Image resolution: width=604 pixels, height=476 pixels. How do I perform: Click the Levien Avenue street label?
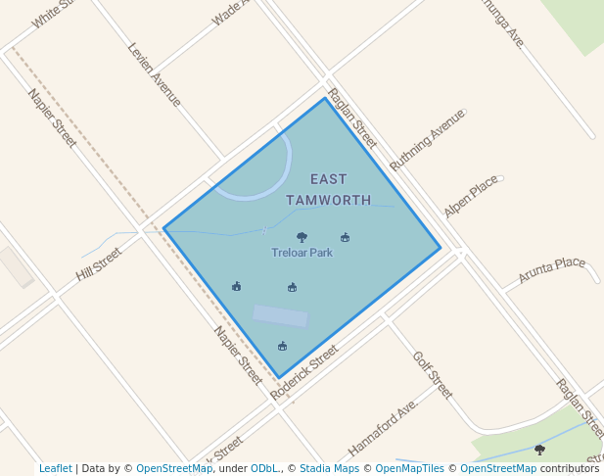[x=155, y=73]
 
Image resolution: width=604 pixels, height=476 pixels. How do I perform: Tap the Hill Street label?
[x=99, y=264]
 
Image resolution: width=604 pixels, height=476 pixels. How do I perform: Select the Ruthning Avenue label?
[x=427, y=140]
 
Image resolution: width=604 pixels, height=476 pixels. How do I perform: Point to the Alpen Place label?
[x=471, y=197]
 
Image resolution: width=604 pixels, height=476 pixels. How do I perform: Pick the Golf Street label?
[x=433, y=375]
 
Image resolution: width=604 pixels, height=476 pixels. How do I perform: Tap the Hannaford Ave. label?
[x=383, y=428]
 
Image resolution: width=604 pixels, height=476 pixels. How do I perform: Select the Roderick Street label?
[x=303, y=371]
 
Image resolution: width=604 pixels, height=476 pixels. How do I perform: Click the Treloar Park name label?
[x=302, y=253]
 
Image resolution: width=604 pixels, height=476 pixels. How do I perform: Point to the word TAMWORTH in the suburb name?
[x=329, y=200]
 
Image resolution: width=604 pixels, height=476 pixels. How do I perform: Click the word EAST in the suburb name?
[x=329, y=179]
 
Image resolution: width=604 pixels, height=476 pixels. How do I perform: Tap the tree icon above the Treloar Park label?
[x=302, y=237]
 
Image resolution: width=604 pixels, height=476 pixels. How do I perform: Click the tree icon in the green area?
[x=539, y=450]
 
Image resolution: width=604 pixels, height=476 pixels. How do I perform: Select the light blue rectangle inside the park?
[x=281, y=316]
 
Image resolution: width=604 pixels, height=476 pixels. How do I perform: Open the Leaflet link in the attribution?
[x=56, y=468]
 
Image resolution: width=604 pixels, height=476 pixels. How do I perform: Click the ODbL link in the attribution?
[x=263, y=468]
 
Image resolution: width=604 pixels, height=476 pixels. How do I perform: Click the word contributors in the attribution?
[x=569, y=468]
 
